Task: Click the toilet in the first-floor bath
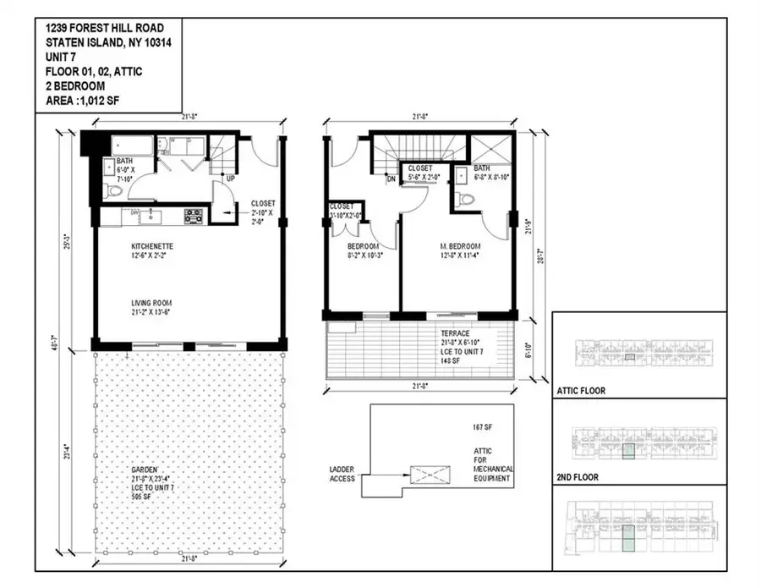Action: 117,191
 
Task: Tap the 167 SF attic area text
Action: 485,428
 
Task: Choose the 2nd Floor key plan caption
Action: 578,477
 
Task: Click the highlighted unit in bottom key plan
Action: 627,539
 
